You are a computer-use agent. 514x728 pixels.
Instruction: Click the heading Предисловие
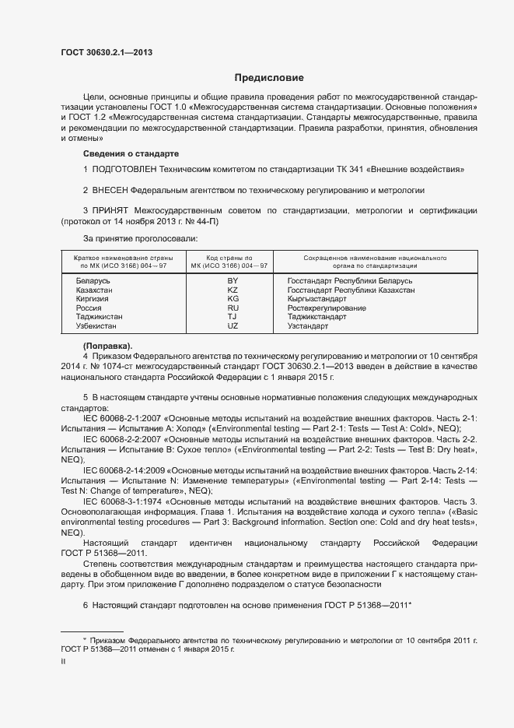(269, 78)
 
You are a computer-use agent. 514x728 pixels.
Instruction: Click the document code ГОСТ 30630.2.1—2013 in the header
(107, 52)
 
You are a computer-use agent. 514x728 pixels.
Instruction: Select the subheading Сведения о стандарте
(131, 153)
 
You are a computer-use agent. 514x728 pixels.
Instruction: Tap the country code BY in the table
(232, 280)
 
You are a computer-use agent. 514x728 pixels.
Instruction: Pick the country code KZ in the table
(232, 290)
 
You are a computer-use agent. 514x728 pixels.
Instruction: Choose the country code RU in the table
(232, 308)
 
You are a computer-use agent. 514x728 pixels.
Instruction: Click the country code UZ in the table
(232, 327)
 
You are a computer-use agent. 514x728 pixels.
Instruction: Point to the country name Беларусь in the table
(93, 280)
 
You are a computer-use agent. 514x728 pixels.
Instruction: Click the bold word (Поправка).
(107, 346)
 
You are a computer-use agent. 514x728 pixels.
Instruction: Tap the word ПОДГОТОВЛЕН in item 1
(124, 169)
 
